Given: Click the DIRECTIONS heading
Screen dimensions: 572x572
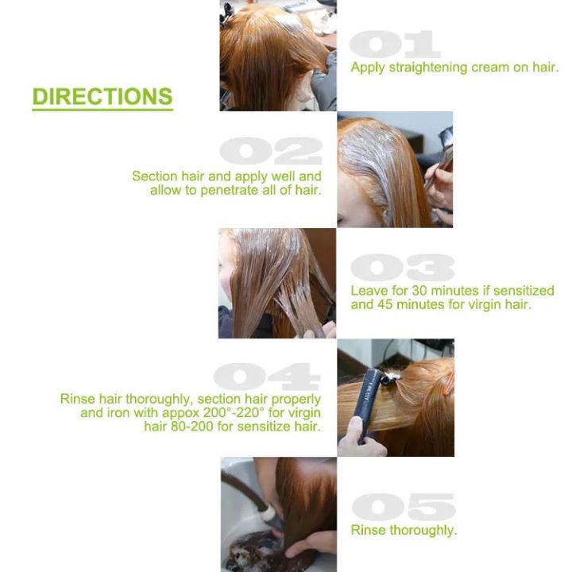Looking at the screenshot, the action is (x=102, y=97).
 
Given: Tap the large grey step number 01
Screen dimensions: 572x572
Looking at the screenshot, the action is (x=395, y=44).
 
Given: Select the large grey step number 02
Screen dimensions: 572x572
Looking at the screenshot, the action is (x=271, y=151).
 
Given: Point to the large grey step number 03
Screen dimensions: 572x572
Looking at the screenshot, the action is (x=402, y=268).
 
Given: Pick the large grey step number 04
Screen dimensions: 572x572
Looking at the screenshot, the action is (x=267, y=376).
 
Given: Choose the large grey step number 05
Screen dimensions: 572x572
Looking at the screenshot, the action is (x=404, y=507).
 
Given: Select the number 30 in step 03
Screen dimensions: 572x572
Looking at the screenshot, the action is (x=419, y=291).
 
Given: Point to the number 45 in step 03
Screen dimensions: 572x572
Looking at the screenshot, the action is (x=385, y=304).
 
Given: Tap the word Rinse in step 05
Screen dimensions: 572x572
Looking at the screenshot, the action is (x=369, y=530).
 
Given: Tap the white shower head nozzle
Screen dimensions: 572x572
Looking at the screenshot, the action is (x=269, y=514).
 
